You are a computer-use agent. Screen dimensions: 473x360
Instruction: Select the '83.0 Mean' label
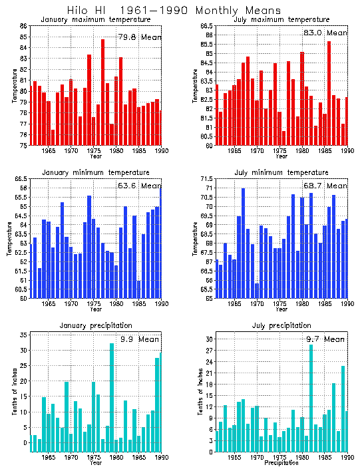(x=325, y=33)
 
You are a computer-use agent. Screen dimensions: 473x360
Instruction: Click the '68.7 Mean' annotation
(x=325, y=186)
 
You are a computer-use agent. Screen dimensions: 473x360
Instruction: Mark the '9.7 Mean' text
(x=325, y=339)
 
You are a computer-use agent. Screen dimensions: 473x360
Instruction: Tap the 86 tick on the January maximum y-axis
(x=23, y=26)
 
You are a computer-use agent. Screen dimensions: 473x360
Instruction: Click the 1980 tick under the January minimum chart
(x=116, y=304)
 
